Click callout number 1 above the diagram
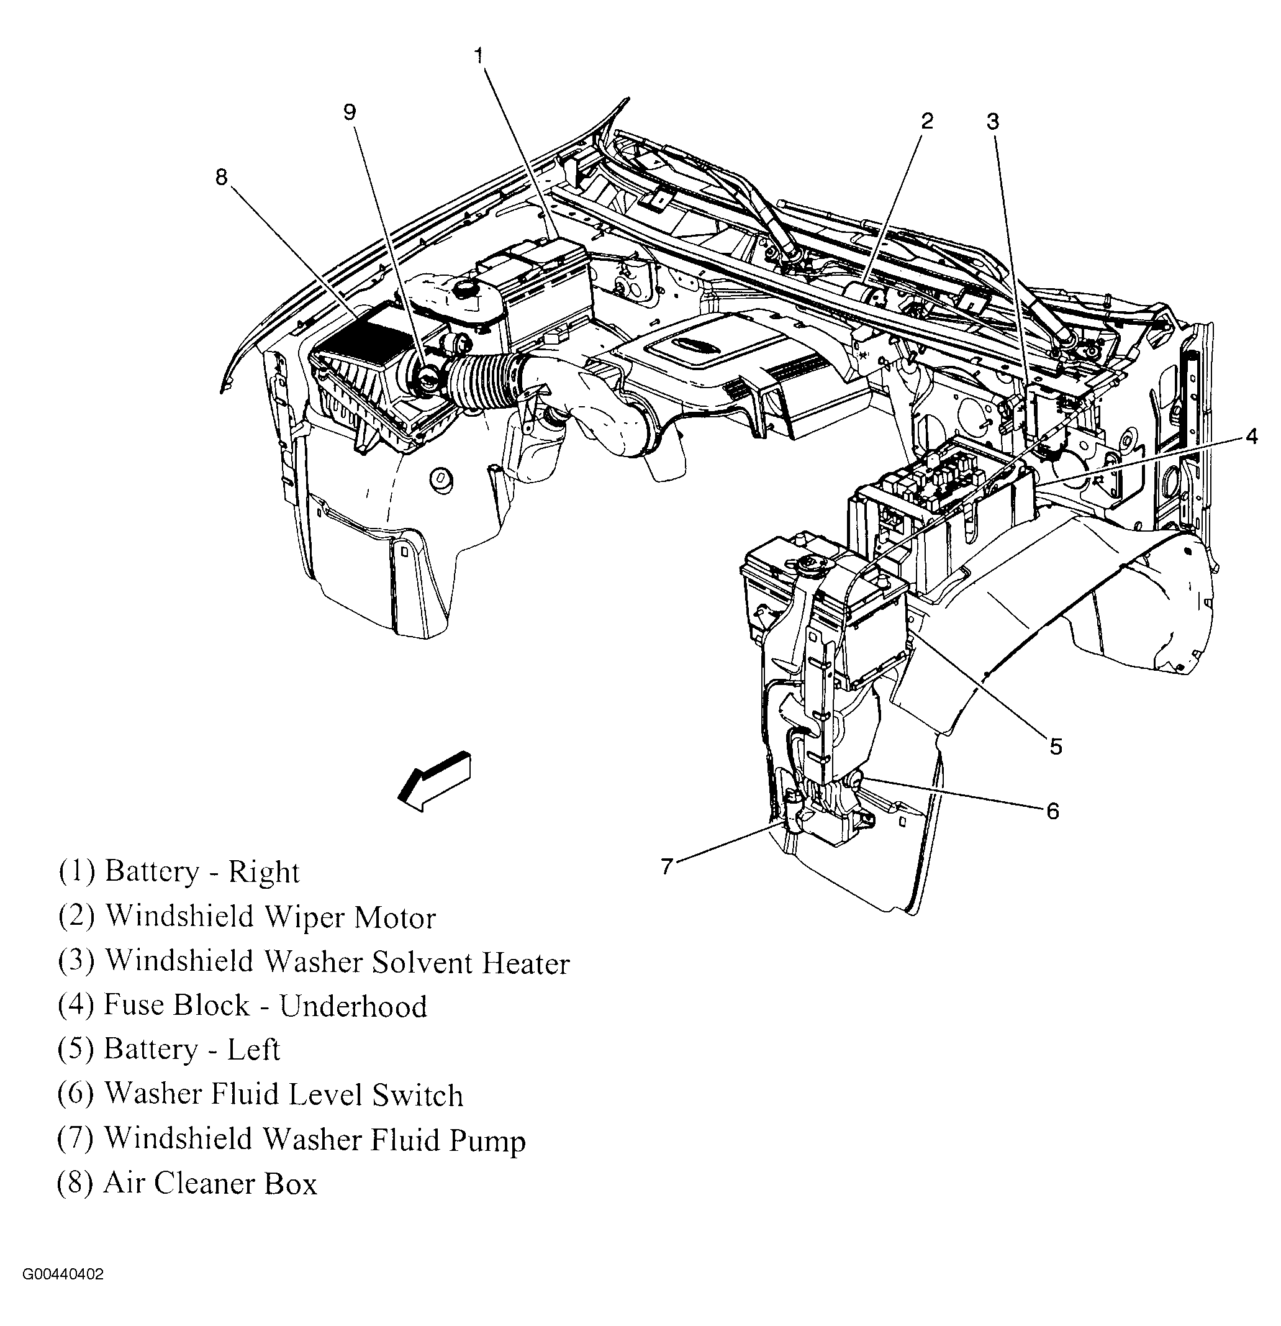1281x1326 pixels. coord(478,55)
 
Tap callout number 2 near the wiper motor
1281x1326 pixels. coord(926,121)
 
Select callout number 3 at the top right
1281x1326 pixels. coord(992,122)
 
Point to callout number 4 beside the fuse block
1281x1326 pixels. coord(1251,437)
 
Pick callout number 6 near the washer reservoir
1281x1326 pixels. coord(1052,811)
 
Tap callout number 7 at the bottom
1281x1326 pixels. coord(667,866)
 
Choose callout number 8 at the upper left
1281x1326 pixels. coord(222,177)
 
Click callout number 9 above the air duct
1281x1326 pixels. coord(349,112)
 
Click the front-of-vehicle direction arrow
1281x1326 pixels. coord(435,781)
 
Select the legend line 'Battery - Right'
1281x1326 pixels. coord(179,872)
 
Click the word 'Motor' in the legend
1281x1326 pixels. coord(395,917)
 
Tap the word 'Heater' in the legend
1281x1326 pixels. coord(525,962)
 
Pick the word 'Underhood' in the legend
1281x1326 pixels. coord(354,1006)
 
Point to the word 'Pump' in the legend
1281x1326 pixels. coord(487,1141)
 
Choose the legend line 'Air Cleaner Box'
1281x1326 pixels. coord(188,1183)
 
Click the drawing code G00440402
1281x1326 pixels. coord(63,1294)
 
